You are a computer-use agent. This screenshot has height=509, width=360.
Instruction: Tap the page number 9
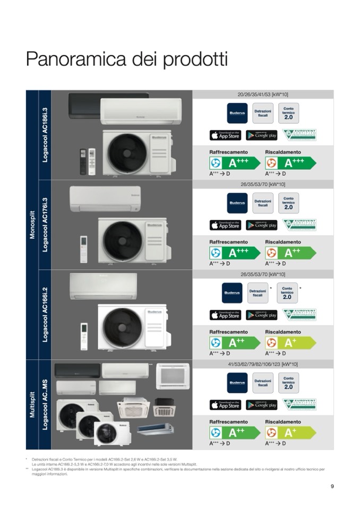click(x=332, y=486)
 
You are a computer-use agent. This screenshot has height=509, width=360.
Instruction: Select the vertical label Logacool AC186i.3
click(x=45, y=135)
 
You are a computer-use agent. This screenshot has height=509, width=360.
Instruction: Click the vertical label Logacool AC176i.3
click(x=45, y=225)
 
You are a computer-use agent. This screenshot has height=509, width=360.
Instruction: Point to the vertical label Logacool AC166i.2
click(x=45, y=315)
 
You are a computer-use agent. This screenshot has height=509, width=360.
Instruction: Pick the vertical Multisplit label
click(x=32, y=405)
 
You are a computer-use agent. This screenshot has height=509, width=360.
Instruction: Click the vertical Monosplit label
click(x=32, y=225)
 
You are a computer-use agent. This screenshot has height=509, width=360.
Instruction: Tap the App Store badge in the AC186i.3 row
click(x=225, y=135)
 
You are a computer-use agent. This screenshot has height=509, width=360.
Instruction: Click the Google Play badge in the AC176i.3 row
click(x=261, y=225)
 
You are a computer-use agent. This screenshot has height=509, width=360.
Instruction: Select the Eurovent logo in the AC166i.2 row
click(x=299, y=315)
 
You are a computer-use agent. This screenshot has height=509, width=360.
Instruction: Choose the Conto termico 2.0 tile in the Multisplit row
click(x=288, y=383)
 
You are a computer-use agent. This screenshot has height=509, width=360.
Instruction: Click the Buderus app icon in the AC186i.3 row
click(x=237, y=114)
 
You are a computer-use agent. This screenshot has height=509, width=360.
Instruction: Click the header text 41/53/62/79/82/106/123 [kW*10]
click(x=263, y=364)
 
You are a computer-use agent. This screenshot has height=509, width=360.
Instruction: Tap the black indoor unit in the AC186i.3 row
click(x=84, y=106)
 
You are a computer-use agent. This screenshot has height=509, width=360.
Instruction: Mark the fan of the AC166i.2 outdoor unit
click(x=123, y=328)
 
